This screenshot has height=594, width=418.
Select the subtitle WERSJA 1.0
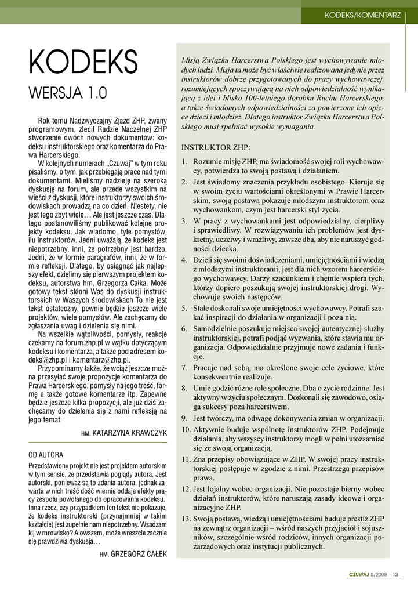(x=68, y=92)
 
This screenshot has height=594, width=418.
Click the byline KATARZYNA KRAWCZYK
(x=129, y=433)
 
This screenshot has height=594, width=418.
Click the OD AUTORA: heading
(x=47, y=454)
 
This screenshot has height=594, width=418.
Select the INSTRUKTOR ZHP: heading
(x=216, y=147)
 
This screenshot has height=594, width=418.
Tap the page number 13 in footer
(x=395, y=575)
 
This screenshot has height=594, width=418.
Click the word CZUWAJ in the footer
(x=359, y=575)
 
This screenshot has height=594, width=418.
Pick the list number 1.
(x=184, y=162)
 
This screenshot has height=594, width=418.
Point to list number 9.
(x=184, y=418)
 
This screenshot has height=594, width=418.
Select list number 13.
(x=186, y=518)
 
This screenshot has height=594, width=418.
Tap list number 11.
(x=186, y=458)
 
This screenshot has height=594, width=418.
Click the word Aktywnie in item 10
(x=209, y=429)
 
